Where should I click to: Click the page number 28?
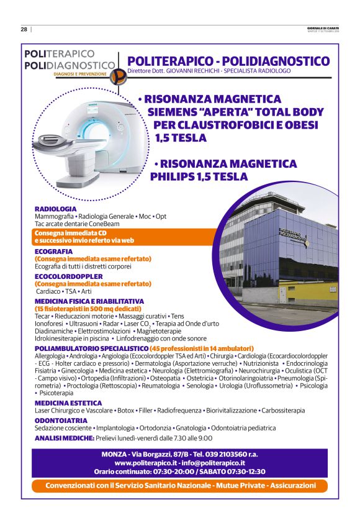[x=24, y=29]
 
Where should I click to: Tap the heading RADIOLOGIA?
[x=56, y=209]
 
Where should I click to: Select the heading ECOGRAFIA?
[x=54, y=252]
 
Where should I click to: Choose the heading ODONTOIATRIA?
[x=61, y=421]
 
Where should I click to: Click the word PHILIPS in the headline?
[x=176, y=177]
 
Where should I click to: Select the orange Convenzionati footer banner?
[x=180, y=485]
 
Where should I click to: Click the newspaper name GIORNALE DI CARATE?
[x=323, y=27]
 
